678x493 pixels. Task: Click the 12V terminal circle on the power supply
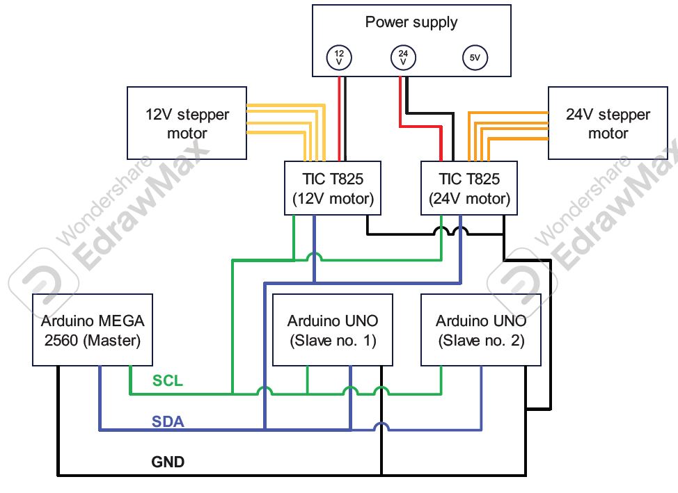pos(340,57)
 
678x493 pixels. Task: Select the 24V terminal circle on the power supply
pos(404,57)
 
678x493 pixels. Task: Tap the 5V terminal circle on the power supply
pos(475,58)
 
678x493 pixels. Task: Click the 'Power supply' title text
pos(411,22)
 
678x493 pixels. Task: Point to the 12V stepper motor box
pos(187,123)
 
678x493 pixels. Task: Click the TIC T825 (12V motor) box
pos(333,188)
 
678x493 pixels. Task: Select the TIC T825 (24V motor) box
pos(469,188)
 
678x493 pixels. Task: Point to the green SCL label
pos(167,381)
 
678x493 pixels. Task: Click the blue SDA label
pos(168,421)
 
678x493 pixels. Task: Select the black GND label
pos(168,461)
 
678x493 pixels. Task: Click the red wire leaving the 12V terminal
pos(340,118)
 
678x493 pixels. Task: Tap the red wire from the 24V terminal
pos(400,104)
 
